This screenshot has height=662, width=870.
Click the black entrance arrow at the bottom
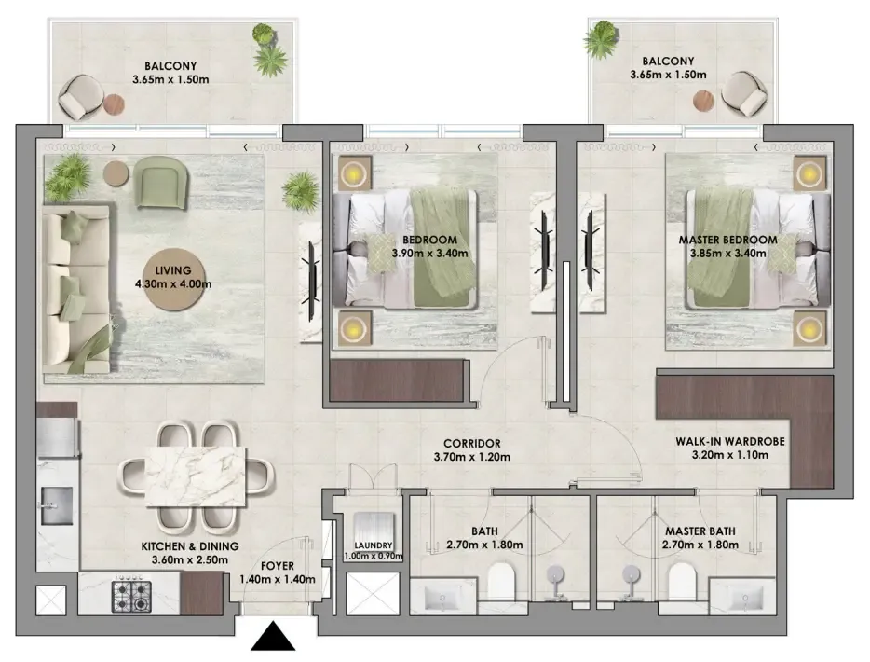[273, 636]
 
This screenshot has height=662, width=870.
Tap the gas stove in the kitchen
[131, 597]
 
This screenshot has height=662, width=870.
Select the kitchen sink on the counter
[56, 506]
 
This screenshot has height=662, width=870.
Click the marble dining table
[196, 477]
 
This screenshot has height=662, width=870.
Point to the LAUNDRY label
[374, 545]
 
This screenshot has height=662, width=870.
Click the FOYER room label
[278, 566]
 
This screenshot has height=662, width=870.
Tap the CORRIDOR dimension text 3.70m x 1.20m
[471, 457]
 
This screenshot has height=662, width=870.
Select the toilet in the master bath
[681, 581]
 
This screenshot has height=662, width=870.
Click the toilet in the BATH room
[501, 581]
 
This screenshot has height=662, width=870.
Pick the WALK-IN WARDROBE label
[730, 442]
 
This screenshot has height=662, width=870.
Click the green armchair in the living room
[161, 183]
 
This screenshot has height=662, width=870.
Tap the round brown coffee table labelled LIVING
[173, 280]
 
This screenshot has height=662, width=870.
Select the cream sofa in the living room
[76, 289]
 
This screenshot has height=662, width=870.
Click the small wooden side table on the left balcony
[114, 103]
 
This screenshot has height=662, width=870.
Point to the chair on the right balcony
[744, 94]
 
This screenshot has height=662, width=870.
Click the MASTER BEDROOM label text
[728, 240]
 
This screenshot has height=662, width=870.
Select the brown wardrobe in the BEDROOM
[396, 381]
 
